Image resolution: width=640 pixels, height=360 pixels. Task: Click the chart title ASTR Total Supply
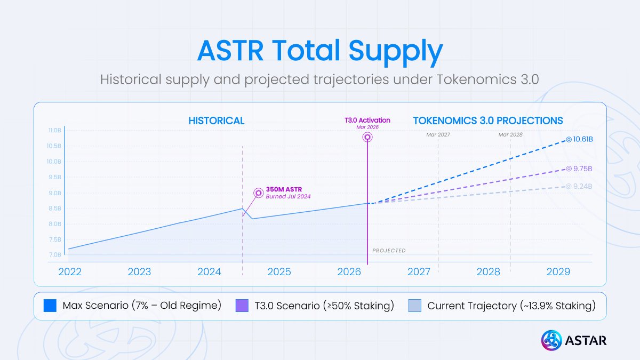pos(320,51)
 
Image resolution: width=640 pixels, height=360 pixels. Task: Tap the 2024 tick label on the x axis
pos(209,272)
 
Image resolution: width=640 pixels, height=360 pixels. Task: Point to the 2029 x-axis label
pos(558,272)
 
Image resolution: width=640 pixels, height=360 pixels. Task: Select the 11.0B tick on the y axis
pos(55,130)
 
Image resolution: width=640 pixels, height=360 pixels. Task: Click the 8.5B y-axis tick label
pos(55,209)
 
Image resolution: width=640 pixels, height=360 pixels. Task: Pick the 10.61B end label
pos(583,139)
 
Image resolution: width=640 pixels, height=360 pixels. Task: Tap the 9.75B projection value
pos(582,169)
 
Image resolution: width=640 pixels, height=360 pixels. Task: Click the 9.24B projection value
pos(582,186)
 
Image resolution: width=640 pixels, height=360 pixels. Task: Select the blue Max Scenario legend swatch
pos(50,306)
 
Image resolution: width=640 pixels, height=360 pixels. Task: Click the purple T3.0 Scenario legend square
pos(242,306)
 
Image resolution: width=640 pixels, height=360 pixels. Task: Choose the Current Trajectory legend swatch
pos(414,306)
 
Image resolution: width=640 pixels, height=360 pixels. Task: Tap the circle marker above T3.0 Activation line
pos(367,137)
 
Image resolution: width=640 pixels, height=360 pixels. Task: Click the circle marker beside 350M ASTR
pos(258,193)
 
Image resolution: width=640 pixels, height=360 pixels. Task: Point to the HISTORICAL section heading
pos(216,121)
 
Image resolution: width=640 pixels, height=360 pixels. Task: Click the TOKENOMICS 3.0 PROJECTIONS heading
pos(488,121)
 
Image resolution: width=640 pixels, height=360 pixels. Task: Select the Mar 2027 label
pos(438,135)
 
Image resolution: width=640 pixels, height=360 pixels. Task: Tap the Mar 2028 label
pos(510,135)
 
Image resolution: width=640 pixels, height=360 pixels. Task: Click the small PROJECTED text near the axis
pos(389,251)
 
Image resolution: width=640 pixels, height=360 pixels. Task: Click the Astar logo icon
pos(551,340)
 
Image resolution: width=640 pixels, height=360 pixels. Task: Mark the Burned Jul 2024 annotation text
pos(288,197)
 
